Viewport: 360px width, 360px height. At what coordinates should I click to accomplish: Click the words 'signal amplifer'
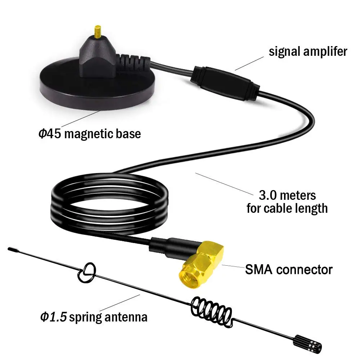click(308, 51)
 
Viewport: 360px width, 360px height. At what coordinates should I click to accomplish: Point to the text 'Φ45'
click(50, 134)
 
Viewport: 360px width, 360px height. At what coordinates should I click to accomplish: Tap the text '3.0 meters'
click(287, 195)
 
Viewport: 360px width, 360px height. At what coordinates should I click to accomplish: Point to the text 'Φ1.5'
click(53, 317)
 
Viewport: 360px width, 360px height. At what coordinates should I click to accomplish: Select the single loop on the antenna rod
click(86, 274)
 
